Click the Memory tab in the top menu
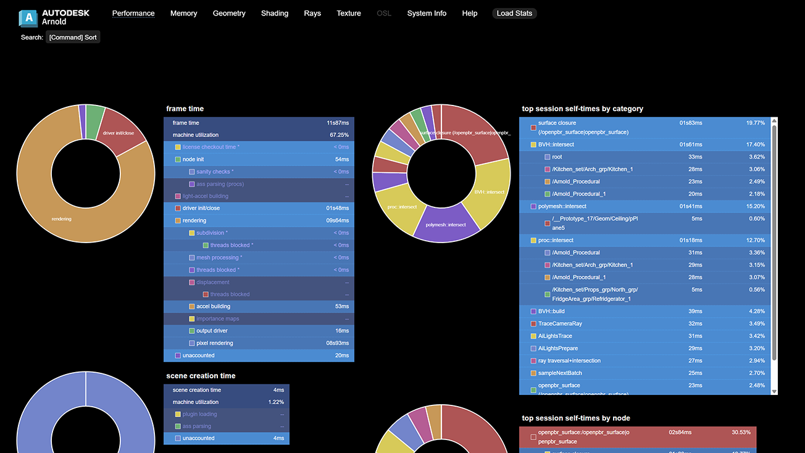[183, 13]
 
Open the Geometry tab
[229, 13]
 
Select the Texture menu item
[349, 13]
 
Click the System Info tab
[427, 13]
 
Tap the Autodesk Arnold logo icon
[28, 18]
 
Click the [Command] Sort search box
[73, 37]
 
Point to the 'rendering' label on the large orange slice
[62, 218]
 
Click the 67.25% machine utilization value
[339, 135]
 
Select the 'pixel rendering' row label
[215, 343]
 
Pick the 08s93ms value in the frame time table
[338, 343]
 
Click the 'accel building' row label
[213, 306]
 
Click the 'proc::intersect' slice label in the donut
[402, 207]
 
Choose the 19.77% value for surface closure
[756, 123]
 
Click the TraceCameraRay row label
[560, 323]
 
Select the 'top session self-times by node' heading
[576, 418]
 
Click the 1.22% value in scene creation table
[276, 402]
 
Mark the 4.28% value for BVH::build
[757, 311]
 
